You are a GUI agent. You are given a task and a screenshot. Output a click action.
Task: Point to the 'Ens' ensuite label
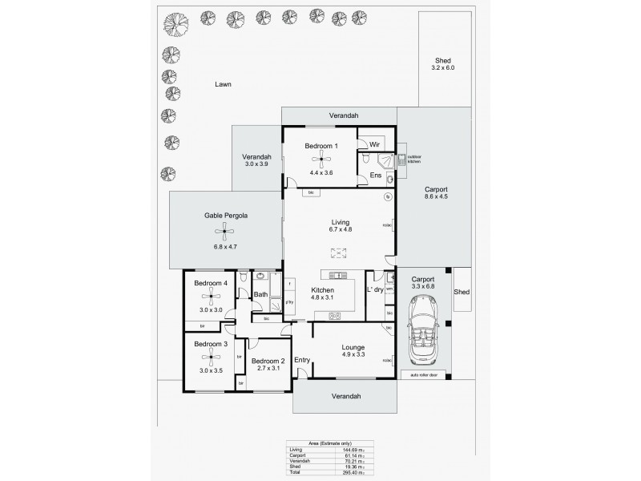[x=375, y=175]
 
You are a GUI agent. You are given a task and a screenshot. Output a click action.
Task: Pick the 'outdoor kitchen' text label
[x=414, y=160]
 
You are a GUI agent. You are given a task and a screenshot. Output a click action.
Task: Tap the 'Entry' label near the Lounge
[x=302, y=360]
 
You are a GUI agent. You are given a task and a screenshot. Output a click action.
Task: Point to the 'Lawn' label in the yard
[x=224, y=83]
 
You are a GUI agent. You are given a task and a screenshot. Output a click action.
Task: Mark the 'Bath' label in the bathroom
[x=260, y=294]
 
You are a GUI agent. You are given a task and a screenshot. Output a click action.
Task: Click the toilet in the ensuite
[x=365, y=160]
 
